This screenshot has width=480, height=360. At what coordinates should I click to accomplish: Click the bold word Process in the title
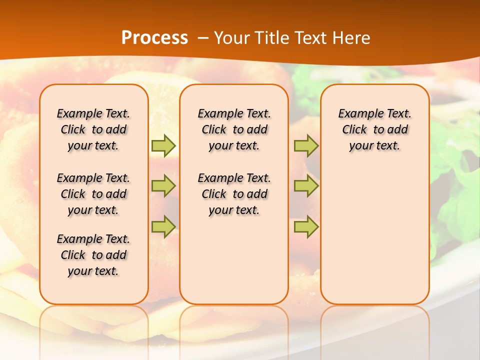coord(154,38)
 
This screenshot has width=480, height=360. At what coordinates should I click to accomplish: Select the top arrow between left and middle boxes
coord(163,145)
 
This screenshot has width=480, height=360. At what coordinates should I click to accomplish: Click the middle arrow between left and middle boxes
coord(163,186)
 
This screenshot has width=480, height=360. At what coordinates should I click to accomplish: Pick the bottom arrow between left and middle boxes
coord(163,226)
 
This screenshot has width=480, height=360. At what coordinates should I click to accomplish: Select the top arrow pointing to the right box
coord(306,145)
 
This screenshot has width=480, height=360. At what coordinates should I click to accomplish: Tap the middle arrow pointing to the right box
coord(306,186)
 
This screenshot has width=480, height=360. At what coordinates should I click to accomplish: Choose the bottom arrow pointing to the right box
coord(306,226)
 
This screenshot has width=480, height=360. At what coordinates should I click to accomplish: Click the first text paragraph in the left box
coord(93,129)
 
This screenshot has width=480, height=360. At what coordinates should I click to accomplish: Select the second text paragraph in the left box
coord(93,194)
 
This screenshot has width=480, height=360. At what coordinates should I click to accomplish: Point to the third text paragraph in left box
coord(93,255)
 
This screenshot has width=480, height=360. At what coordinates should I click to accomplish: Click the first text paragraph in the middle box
coord(234,129)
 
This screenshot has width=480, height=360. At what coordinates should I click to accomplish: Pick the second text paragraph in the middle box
coord(234,194)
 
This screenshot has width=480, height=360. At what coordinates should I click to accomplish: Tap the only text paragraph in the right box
coord(375,129)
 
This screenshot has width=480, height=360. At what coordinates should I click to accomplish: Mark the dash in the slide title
coord(203,38)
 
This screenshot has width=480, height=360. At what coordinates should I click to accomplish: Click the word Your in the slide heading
coord(232,38)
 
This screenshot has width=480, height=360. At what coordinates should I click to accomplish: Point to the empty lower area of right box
coord(375,235)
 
